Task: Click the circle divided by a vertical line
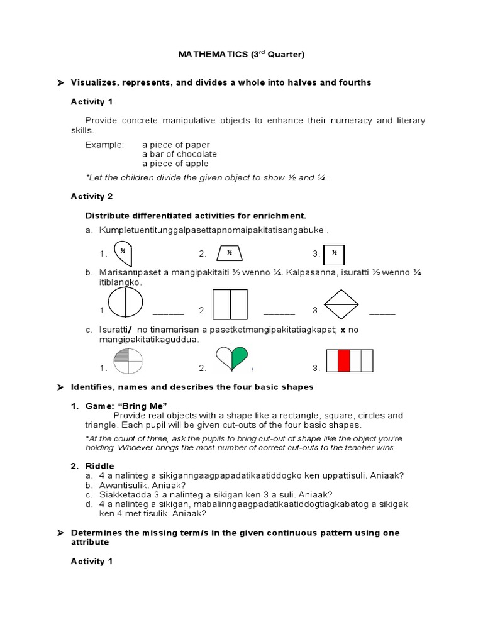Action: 127,304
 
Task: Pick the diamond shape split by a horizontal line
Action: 341,303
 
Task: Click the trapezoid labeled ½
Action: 230,253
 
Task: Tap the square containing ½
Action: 335,254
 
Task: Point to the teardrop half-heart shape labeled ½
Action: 123,253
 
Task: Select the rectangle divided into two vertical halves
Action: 230,304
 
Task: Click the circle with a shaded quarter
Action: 128,361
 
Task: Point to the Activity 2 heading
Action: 91,196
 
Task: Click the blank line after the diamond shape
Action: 382,312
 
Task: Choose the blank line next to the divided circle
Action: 168,312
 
